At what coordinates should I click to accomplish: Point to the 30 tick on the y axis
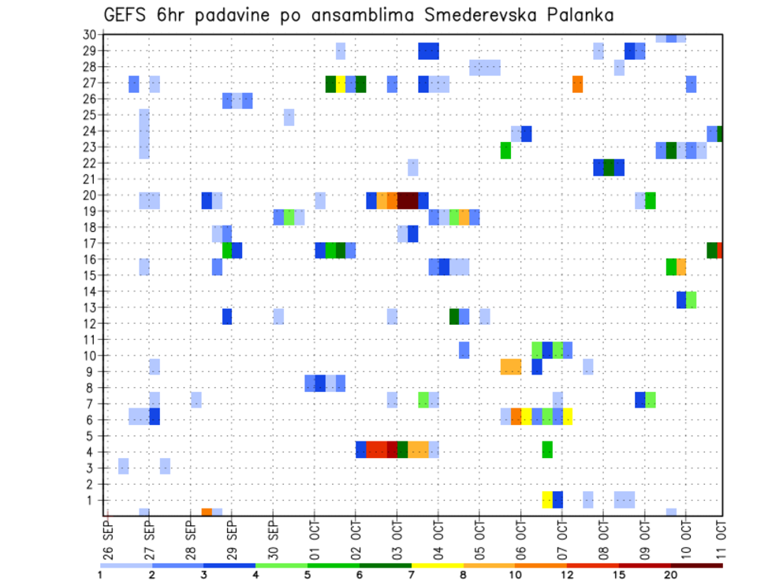click(x=89, y=35)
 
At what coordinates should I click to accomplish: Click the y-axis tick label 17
click(x=89, y=243)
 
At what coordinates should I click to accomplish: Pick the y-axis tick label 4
click(x=92, y=452)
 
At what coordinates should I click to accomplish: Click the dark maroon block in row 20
click(x=408, y=200)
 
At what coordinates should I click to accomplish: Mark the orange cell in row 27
click(x=577, y=84)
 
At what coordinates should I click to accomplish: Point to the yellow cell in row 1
click(x=547, y=500)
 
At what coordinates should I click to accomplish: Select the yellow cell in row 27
click(x=341, y=84)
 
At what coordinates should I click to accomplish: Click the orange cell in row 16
click(x=681, y=266)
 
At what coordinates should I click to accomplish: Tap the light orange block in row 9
click(x=511, y=367)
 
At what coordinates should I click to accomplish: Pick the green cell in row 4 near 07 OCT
click(x=547, y=449)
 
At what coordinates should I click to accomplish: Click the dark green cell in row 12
click(x=454, y=316)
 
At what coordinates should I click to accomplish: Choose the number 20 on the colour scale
click(x=671, y=575)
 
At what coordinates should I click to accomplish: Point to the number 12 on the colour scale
click(x=566, y=575)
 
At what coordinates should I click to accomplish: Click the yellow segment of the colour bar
click(x=437, y=565)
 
